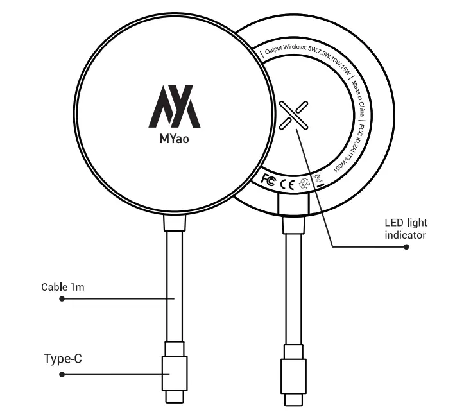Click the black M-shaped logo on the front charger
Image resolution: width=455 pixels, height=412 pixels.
174,105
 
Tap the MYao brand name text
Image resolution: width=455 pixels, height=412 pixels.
174,136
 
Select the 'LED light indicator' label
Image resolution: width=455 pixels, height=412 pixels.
406,229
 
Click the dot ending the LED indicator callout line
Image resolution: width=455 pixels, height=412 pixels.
406,246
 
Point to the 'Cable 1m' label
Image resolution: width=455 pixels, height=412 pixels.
63,287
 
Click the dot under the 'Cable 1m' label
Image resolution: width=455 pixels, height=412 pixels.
62,298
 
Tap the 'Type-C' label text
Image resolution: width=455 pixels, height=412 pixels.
63,358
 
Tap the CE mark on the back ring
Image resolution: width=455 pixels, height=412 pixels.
287,185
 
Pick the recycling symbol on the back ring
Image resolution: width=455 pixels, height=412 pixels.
305,184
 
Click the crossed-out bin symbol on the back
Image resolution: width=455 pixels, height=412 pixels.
318,180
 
